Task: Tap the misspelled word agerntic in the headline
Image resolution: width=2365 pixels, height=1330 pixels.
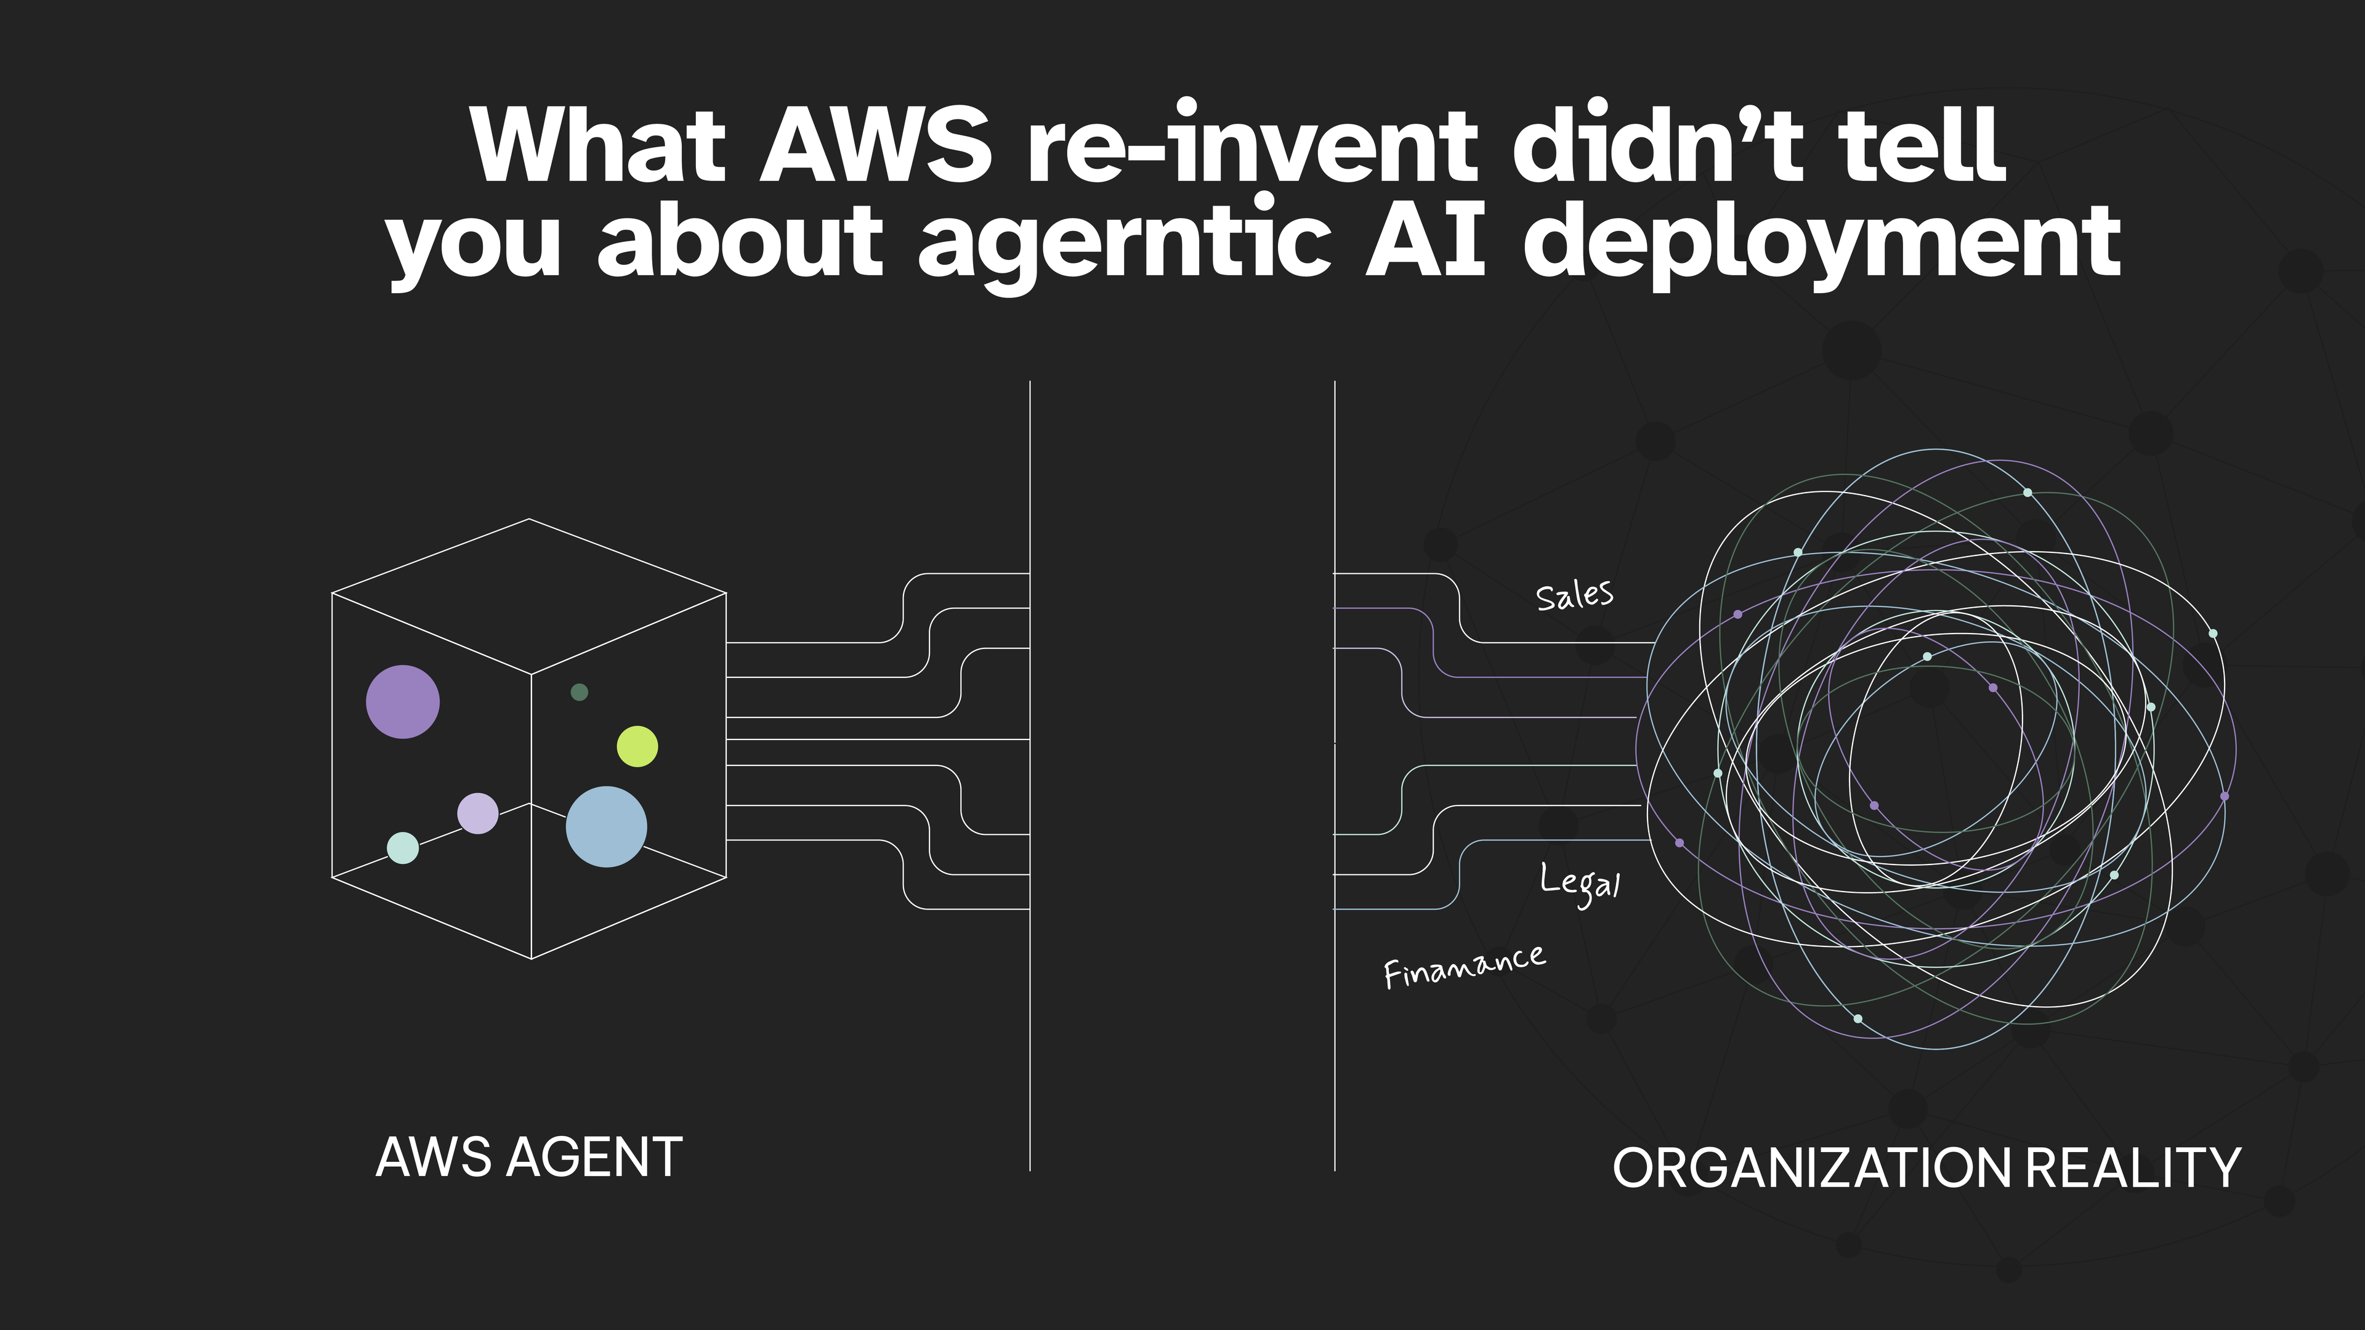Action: point(1125,243)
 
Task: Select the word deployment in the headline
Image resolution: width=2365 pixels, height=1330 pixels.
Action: point(1822,243)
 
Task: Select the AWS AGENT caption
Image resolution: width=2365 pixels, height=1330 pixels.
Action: point(529,1158)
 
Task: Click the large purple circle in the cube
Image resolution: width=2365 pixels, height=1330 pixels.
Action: point(403,702)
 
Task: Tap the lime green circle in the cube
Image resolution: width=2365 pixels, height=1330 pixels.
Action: point(637,746)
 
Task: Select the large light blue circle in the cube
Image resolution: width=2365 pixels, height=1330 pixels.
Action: point(606,826)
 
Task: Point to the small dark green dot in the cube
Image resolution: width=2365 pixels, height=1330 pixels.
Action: point(580,692)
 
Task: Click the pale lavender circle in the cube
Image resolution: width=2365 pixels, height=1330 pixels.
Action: point(477,813)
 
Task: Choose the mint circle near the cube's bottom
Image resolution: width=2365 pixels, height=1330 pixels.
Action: point(403,848)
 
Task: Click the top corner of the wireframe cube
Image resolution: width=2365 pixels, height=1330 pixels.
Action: point(529,520)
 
